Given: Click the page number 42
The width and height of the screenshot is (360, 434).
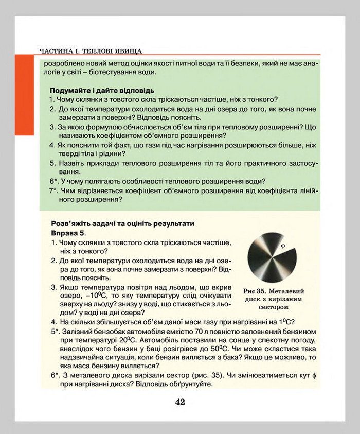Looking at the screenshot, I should click(x=179, y=402).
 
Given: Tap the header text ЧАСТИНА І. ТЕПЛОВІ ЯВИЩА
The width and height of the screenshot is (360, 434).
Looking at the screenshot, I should click(x=91, y=50).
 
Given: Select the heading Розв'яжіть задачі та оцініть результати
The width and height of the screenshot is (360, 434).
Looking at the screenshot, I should click(x=123, y=224).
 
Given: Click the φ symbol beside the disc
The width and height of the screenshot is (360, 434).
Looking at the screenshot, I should click(x=282, y=246).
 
